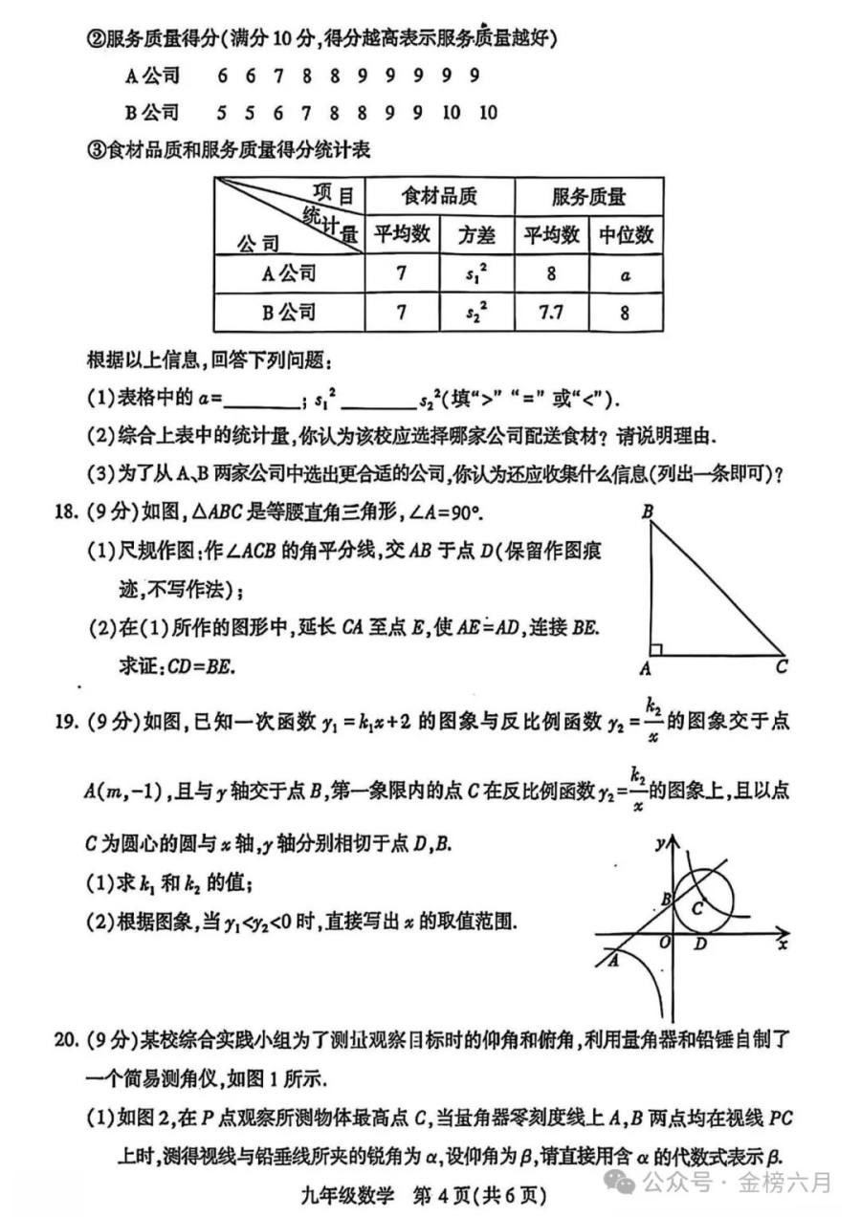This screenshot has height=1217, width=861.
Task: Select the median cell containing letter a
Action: [625, 273]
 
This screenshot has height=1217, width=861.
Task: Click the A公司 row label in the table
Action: [288, 273]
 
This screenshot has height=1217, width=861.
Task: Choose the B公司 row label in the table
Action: [288, 312]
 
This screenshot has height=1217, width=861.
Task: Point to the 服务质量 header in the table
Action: [588, 197]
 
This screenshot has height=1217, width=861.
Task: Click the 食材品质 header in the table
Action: [439, 197]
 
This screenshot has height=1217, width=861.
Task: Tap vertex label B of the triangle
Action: [648, 513]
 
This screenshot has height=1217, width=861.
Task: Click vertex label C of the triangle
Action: [782, 667]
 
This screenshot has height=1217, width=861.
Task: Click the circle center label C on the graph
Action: [698, 907]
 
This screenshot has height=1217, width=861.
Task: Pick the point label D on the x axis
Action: [700, 945]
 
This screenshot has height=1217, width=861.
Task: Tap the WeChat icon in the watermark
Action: [623, 1183]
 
